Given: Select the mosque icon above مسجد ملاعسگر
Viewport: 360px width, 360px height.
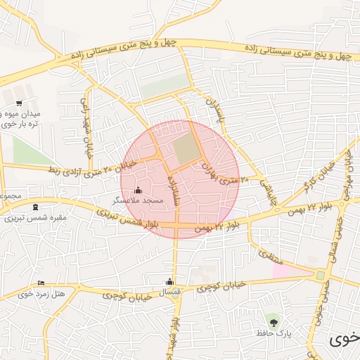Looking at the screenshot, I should [x=137, y=190].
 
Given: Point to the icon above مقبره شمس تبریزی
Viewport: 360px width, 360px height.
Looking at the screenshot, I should [x=36, y=207].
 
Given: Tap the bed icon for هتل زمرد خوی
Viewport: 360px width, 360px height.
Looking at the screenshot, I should [x=40, y=283].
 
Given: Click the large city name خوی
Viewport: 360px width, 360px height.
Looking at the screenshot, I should [x=345, y=340].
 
